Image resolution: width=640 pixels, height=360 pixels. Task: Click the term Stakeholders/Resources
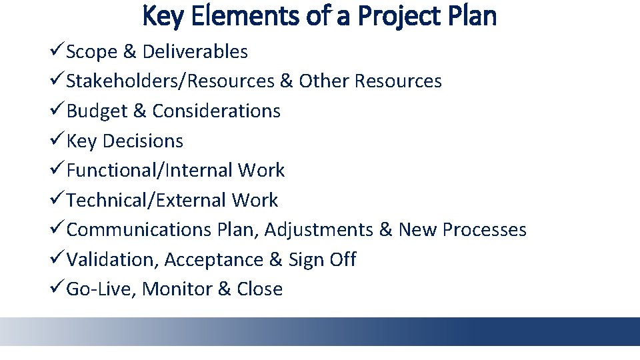point(171,81)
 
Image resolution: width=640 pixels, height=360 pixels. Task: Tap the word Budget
point(97,111)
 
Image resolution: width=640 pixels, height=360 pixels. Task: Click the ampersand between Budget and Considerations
point(140,111)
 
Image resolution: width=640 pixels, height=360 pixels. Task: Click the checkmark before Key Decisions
point(57,141)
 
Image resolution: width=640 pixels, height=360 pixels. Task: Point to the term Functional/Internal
point(149,171)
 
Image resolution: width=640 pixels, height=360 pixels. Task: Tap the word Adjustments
point(319,230)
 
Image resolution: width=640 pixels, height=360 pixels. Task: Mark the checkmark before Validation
point(57,259)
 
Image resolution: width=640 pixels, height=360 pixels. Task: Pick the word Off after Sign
point(343,259)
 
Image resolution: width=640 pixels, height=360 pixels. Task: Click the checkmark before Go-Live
point(57,289)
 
